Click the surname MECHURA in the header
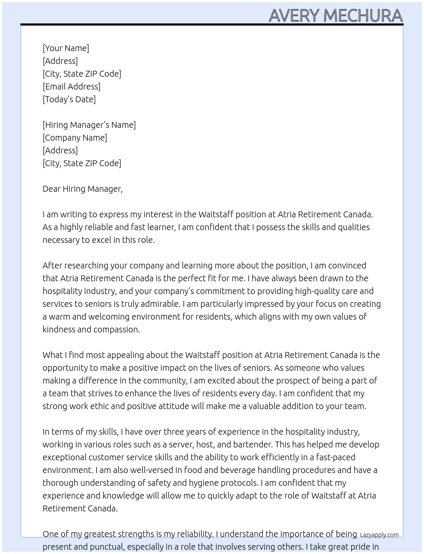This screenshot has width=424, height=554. coord(363,16)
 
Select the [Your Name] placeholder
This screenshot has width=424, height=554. coord(66,48)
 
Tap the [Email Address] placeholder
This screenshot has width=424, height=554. coord(72,87)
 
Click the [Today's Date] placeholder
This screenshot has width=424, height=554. coord(69,99)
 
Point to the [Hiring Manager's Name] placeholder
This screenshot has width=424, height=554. coord(89,125)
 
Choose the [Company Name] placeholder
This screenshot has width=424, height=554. coord(74,138)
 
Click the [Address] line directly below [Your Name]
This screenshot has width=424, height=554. coord(60,61)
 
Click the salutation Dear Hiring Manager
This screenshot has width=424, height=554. coord(82,189)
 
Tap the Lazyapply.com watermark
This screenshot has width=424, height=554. coord(379,535)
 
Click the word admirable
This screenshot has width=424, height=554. coord(160,304)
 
